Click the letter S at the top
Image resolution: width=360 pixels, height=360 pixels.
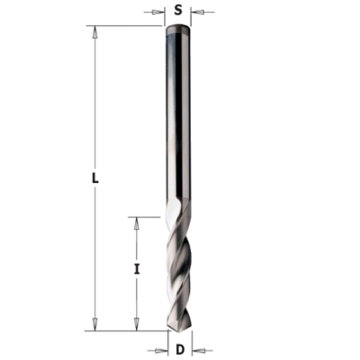[178, 11]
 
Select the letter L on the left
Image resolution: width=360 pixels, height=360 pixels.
[96, 180]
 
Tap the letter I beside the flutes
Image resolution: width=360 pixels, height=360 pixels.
[136, 270]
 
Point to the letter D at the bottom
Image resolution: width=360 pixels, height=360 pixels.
[180, 350]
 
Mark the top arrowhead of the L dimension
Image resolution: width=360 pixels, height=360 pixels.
[95, 30]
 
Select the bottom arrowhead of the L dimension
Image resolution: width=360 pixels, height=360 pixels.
[95, 325]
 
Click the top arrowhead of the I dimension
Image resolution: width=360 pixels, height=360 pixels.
[136, 221]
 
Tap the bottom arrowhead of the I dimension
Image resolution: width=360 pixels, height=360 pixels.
[136, 325]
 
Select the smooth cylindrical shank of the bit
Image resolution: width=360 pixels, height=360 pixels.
[178, 121]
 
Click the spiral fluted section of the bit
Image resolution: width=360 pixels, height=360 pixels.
[180, 269]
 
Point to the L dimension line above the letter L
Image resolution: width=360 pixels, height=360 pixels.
[95, 104]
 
